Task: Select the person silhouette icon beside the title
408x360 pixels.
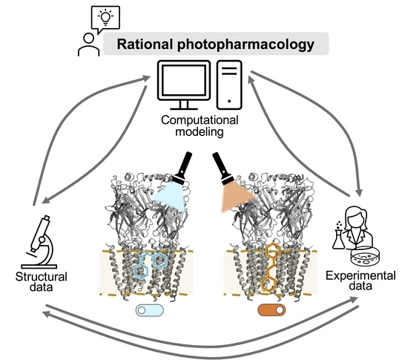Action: pos(88,45)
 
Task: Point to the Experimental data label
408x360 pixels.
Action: pos(355,284)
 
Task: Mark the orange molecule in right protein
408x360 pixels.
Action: pos(273,267)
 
